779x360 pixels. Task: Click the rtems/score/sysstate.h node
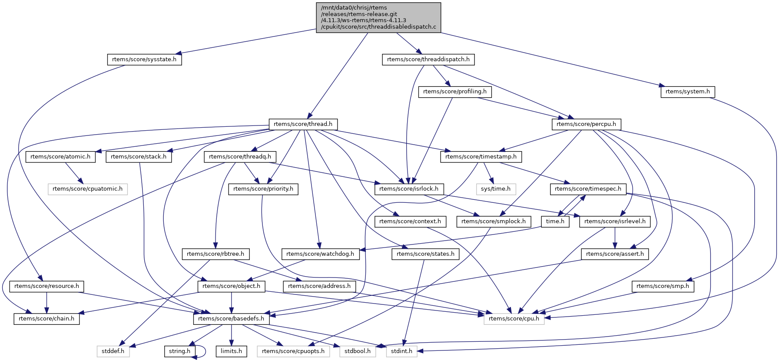coord(144,59)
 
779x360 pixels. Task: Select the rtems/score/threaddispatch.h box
coord(428,59)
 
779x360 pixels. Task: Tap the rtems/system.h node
coord(687,92)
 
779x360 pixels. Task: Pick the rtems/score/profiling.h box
coord(455,92)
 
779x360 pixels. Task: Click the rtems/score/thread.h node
coord(303,124)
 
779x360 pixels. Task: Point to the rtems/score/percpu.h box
coord(586,124)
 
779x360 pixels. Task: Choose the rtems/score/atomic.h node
coord(60,157)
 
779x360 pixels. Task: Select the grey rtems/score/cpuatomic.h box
coord(87,189)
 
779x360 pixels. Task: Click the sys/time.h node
coord(496,189)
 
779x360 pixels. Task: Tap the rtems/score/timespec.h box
coord(588,189)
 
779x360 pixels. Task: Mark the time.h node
coord(555,221)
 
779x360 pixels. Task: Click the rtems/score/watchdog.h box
coord(320,254)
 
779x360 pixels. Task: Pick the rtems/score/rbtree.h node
coord(215,254)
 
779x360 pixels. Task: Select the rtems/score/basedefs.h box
coord(231,319)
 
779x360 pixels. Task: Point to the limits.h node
coord(231,351)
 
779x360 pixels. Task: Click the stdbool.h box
coord(358,351)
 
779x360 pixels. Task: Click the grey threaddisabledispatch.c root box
coord(378,17)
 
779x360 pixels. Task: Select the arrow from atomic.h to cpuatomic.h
coord(73,173)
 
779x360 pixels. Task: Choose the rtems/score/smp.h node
coord(663,286)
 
